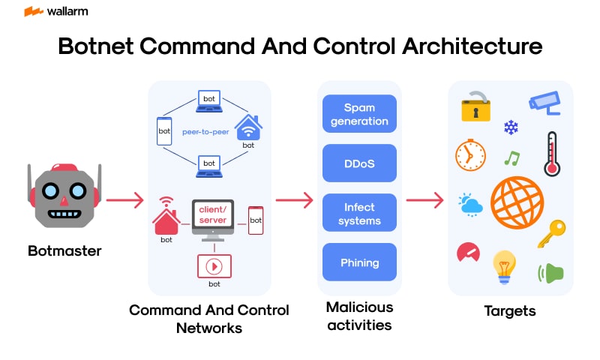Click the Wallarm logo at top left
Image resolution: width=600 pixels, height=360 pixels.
click(52, 12)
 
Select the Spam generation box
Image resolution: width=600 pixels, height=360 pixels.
click(359, 114)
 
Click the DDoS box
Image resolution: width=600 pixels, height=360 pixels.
click(359, 163)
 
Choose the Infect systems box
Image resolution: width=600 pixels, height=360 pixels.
click(359, 214)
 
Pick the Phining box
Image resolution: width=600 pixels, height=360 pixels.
click(359, 262)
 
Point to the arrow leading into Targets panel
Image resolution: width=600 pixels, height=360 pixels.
click(424, 200)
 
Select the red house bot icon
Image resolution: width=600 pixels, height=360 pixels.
click(166, 220)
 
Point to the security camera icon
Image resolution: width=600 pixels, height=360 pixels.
click(545, 103)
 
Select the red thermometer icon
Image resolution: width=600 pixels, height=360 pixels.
click(553, 153)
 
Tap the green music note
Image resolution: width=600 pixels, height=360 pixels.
click(511, 158)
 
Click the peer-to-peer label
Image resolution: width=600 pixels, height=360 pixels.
click(205, 130)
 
